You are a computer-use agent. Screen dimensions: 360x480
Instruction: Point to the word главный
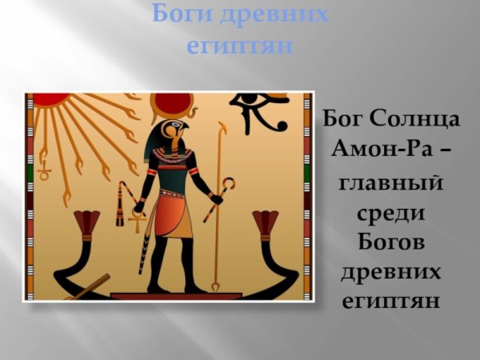click(x=392, y=186)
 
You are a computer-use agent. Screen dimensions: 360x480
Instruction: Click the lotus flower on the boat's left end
click(x=86, y=223)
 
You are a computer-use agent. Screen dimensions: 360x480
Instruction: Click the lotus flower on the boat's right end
click(x=265, y=223)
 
